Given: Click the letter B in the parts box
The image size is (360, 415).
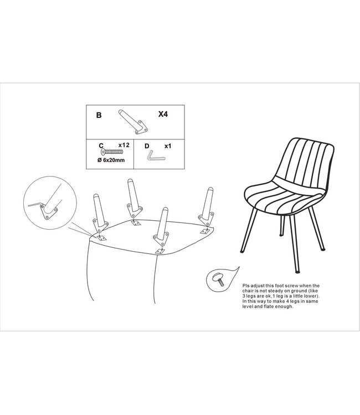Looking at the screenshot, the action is pos(99,115).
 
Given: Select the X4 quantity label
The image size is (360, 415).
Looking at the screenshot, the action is pos(163,114).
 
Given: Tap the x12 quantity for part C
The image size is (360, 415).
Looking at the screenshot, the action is pos(124,145).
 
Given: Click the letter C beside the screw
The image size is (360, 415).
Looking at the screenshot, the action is pos(101,146).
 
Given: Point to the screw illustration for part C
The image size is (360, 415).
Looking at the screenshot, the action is pos(112,152).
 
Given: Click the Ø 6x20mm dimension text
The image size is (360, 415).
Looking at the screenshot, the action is pos(111,160).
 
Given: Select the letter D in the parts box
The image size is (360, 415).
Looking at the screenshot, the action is pos(147,146).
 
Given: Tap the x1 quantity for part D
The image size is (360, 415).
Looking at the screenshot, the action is pos(168,146).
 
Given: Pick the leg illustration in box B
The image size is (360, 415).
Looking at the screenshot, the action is pos(132,122).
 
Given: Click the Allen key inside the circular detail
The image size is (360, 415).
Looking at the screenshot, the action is pos(35,204).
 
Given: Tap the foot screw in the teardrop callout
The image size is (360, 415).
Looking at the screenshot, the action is pos(218,279).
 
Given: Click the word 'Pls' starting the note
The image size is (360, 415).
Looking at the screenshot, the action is pos(246,286).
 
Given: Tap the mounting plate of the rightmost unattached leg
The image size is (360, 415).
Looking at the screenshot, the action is pos(206,219).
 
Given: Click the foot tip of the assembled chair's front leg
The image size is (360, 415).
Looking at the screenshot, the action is pos(297,271).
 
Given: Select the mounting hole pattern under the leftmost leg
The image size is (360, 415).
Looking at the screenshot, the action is pos(101,238).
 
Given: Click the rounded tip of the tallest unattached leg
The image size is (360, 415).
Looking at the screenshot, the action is pos(130,181).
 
